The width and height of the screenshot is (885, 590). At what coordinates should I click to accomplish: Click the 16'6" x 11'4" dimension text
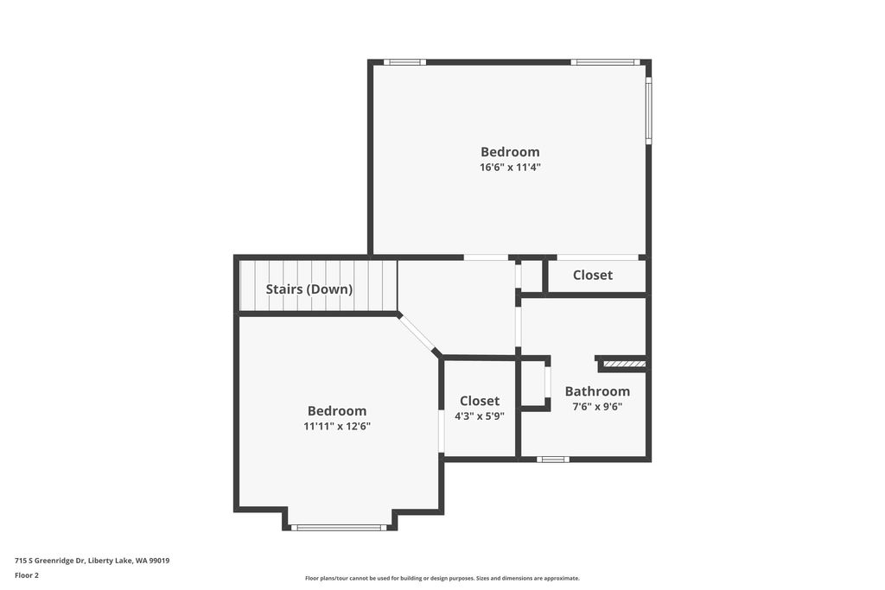click(510, 168)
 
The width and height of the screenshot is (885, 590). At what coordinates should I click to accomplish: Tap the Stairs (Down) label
click(309, 289)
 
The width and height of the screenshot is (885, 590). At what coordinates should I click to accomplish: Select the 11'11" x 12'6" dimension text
click(337, 426)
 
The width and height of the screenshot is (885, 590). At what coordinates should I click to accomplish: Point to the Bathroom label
click(597, 391)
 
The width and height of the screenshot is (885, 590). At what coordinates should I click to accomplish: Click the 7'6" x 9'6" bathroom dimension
click(597, 406)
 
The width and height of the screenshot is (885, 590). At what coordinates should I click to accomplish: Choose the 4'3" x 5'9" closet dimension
click(480, 416)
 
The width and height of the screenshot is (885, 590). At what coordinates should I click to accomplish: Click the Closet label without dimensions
click(593, 275)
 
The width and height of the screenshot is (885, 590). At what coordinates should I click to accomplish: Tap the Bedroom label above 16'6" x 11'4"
click(510, 152)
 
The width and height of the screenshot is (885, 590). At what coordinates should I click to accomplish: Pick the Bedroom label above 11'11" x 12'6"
click(337, 411)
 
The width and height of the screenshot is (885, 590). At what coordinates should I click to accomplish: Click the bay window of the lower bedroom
click(339, 527)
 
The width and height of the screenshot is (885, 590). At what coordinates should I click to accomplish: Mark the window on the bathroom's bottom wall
click(553, 459)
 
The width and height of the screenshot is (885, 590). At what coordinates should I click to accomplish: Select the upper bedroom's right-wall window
click(648, 110)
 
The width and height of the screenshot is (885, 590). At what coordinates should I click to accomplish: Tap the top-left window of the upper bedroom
click(404, 62)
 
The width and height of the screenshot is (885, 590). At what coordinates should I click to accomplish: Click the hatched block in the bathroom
click(623, 365)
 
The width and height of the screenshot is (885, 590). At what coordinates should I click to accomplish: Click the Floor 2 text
click(27, 574)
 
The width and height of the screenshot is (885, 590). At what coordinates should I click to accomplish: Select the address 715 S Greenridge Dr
click(92, 561)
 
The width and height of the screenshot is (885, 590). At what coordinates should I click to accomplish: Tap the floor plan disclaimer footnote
click(442, 578)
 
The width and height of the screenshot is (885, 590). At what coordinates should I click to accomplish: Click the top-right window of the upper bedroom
click(605, 62)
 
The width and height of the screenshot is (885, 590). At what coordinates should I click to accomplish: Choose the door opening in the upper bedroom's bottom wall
click(486, 257)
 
